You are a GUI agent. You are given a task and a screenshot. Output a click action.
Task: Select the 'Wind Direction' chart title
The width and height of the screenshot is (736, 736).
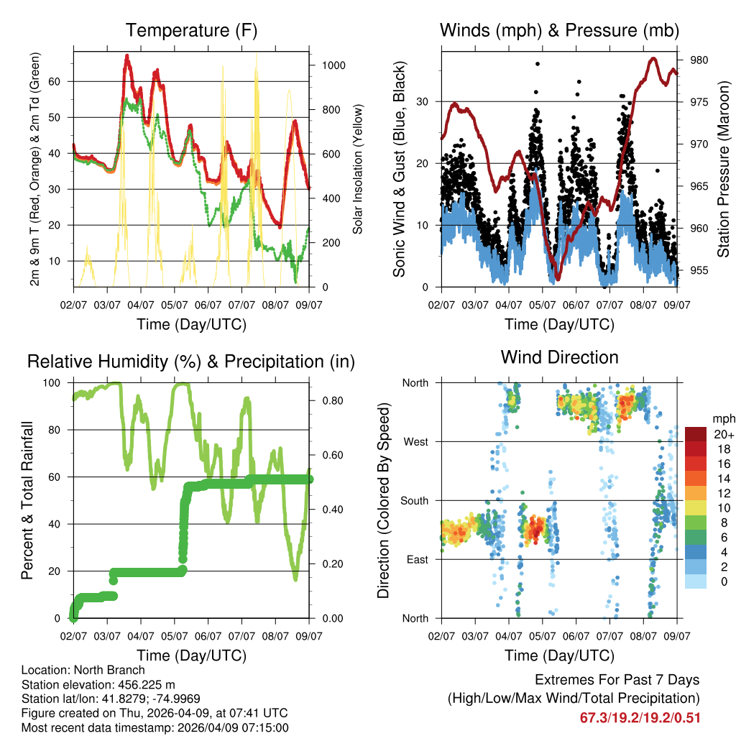(559, 356)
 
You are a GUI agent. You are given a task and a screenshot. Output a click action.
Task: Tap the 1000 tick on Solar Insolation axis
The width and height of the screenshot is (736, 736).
(333, 65)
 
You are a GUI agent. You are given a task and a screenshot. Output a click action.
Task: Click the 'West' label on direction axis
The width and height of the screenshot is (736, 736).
(415, 441)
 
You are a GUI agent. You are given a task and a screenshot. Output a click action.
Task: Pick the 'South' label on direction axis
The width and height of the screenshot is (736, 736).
(414, 500)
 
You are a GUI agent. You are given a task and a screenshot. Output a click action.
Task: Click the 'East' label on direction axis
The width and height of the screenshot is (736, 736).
(417, 559)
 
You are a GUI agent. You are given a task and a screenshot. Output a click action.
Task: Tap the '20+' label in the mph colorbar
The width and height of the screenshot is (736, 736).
(723, 435)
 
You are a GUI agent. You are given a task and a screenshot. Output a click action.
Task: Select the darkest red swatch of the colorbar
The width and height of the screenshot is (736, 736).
(696, 434)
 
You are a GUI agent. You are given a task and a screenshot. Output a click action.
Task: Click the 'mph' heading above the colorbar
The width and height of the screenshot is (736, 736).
(722, 418)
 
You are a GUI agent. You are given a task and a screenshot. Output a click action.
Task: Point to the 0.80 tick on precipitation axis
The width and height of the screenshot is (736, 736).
(328, 400)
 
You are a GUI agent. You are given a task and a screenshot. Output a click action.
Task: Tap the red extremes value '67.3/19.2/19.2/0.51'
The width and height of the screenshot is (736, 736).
(640, 717)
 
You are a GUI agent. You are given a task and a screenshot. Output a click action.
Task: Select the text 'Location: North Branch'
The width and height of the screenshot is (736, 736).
(83, 671)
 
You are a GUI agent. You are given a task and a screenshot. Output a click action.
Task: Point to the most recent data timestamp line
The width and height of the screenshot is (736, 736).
(155, 727)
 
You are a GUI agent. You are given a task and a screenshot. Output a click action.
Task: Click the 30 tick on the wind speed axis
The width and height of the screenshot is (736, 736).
(423, 101)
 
